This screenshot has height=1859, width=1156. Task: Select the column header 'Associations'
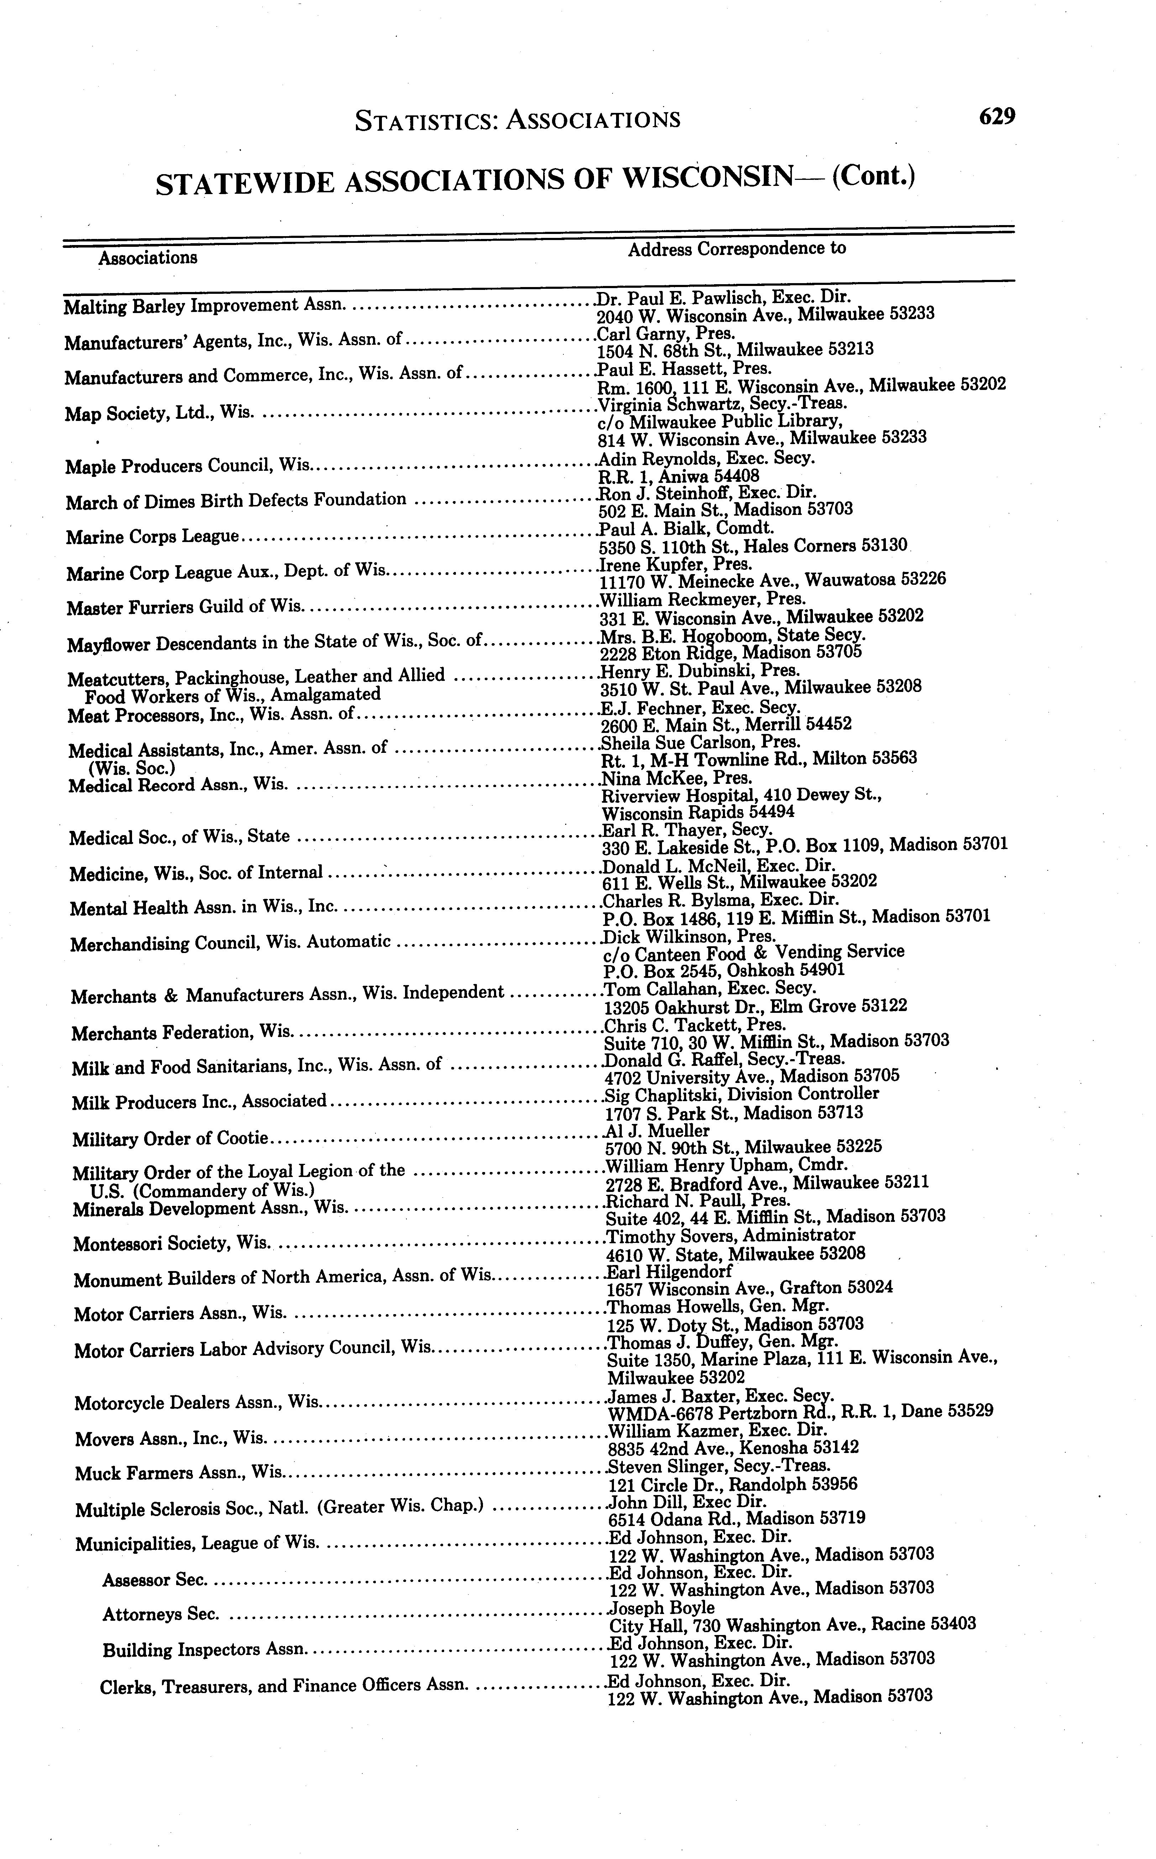(x=148, y=258)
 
